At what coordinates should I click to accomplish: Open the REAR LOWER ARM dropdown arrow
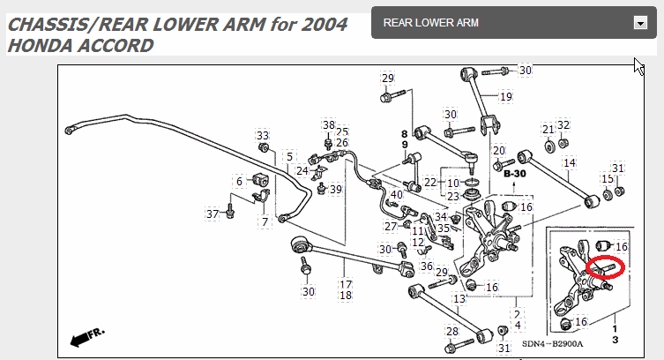[640, 24]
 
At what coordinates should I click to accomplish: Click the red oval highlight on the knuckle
[605, 267]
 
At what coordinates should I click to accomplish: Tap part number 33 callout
[262, 136]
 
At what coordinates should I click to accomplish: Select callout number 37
[213, 214]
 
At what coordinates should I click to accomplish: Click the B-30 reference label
[513, 175]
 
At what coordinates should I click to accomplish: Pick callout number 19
[505, 96]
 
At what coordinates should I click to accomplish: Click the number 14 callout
[570, 163]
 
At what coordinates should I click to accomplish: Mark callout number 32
[563, 125]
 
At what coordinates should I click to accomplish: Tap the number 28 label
[451, 332]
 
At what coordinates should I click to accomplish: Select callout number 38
[328, 125]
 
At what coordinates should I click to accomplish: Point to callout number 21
[548, 130]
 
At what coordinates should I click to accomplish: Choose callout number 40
[396, 195]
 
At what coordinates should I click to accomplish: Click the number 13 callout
[459, 299]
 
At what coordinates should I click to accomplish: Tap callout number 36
[427, 266]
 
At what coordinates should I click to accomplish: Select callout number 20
[499, 150]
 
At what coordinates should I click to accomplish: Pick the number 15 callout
[607, 179]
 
